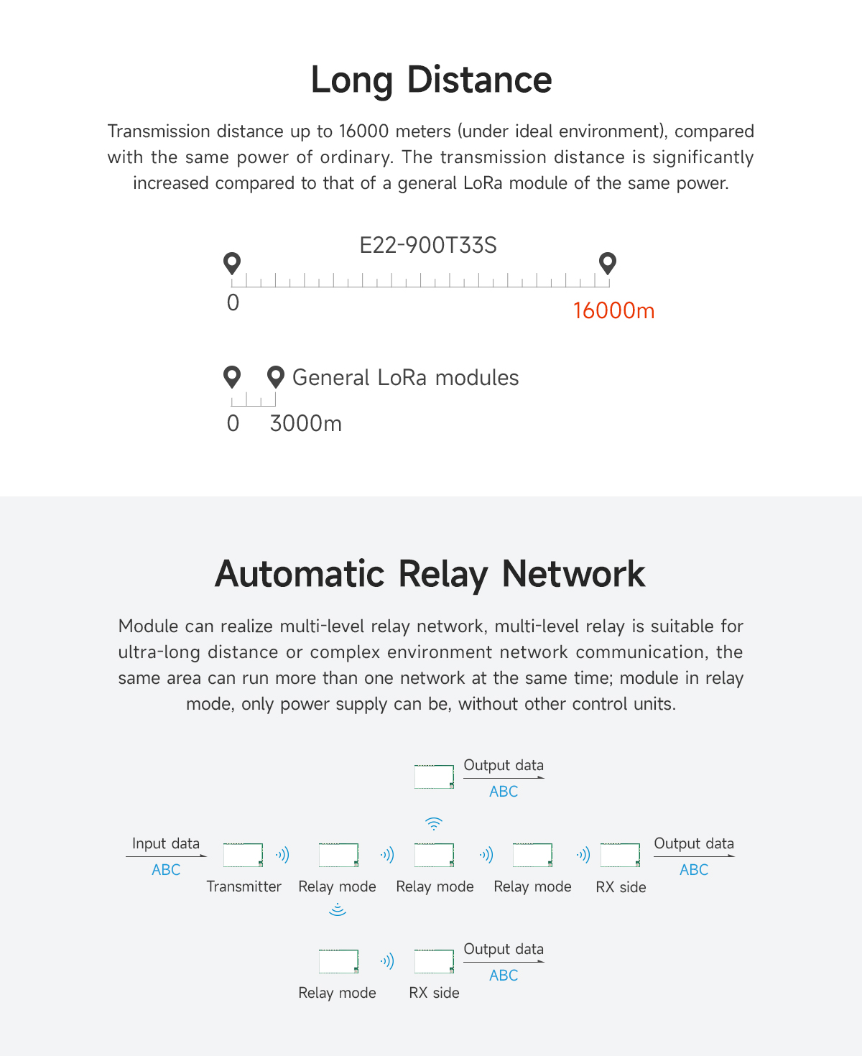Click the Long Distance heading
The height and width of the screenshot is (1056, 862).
[x=431, y=80]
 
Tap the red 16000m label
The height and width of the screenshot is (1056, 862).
[x=613, y=310]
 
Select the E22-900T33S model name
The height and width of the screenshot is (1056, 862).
[x=428, y=246]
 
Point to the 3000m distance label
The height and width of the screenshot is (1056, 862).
[x=305, y=424]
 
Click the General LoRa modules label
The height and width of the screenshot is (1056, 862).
[x=405, y=378]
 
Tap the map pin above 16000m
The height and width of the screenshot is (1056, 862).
[x=608, y=263]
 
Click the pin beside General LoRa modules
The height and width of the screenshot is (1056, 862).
[x=275, y=376]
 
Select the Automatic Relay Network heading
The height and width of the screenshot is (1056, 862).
[x=430, y=574]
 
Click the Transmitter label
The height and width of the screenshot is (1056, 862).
[x=244, y=886]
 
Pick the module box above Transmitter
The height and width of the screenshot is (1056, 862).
[x=243, y=855]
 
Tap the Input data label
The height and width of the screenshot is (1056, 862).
[x=166, y=843]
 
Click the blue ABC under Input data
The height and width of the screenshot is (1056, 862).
[x=166, y=870]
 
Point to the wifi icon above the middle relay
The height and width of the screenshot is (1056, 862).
[x=433, y=823]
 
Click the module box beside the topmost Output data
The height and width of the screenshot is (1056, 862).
[x=434, y=777]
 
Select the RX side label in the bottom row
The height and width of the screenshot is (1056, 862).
[x=434, y=993]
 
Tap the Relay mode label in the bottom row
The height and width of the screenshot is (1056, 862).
[x=337, y=993]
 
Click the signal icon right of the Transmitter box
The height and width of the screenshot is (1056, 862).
[x=282, y=855]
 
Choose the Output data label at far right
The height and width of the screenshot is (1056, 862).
[x=694, y=843]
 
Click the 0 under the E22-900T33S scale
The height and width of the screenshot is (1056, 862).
[x=233, y=302]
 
